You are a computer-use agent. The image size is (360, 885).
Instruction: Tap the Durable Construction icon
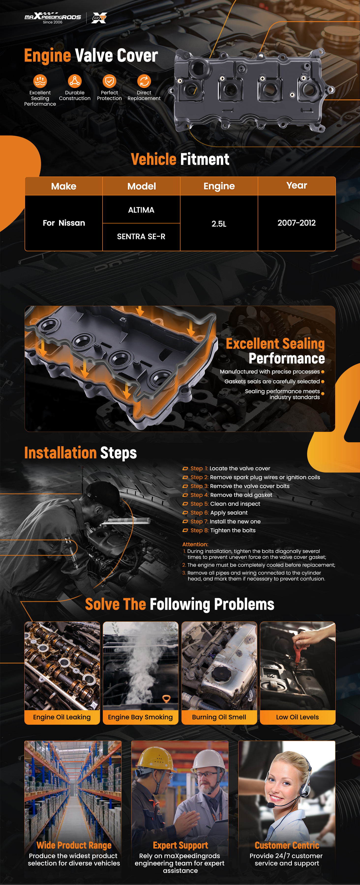point(75,81)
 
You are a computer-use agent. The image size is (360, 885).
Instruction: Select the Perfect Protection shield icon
point(109,81)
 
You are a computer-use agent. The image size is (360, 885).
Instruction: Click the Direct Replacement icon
point(144,81)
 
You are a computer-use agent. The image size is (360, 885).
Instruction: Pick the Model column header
point(142,186)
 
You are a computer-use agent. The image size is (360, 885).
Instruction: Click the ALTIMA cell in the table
point(141,209)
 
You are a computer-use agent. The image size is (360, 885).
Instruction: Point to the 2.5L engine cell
point(219,224)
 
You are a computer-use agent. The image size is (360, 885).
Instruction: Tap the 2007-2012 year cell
point(297,223)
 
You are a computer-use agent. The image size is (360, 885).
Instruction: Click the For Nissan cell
point(64,223)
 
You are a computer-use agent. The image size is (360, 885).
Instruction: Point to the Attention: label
point(195,544)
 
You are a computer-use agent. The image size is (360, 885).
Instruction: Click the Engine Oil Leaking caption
point(62,717)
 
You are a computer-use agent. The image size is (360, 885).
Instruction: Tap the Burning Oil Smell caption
point(219,717)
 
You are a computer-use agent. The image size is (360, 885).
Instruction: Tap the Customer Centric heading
point(287,845)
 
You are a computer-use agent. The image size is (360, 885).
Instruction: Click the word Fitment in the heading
point(205,159)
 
